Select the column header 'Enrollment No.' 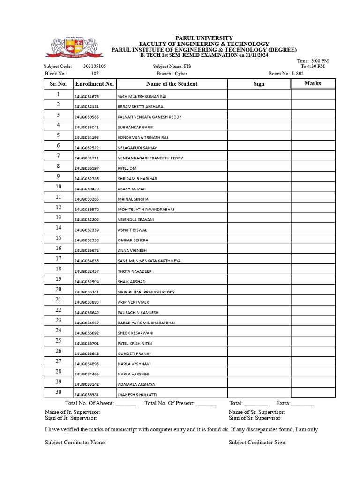pyautogui.click(x=95, y=84)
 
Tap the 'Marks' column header pyautogui.click(x=313, y=83)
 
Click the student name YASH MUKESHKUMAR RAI pyautogui.click(x=142, y=97)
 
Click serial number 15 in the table pyautogui.click(x=59, y=238)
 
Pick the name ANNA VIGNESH pyautogui.click(x=132, y=251)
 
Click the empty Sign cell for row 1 pyautogui.click(x=259, y=94)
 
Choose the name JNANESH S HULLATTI pyautogui.click(x=137, y=395)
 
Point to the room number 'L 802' pyautogui.click(x=298, y=74)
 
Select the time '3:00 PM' pyautogui.click(x=320, y=61)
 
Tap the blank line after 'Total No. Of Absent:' pyautogui.click(x=126, y=404)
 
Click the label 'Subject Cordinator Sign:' pyautogui.click(x=257, y=442)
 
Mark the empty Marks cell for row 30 pyautogui.click(x=313, y=392)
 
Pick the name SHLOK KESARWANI pyautogui.click(x=135, y=333)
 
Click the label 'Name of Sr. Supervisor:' pyautogui.click(x=256, y=412)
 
